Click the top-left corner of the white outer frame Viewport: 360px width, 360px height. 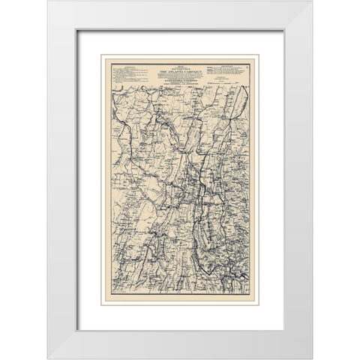[x=48, y=1]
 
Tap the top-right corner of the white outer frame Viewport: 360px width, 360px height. [x=313, y=1]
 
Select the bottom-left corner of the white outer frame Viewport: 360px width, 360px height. [x=48, y=358]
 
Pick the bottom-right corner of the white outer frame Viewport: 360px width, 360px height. [x=313, y=358]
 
